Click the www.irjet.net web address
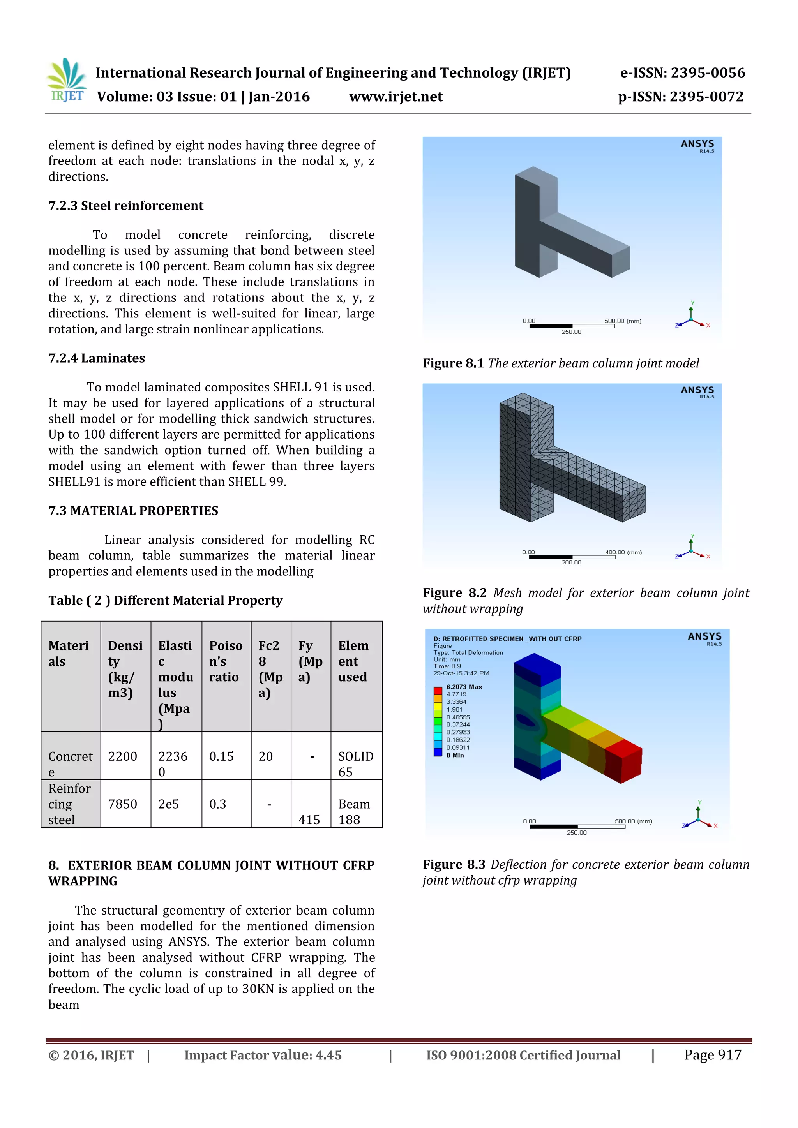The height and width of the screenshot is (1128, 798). tap(395, 97)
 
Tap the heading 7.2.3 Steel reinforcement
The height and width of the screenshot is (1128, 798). tap(125, 205)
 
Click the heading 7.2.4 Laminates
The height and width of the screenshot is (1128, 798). tap(96, 358)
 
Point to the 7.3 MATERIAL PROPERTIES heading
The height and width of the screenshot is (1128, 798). tap(133, 511)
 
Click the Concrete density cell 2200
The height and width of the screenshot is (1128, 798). tap(123, 756)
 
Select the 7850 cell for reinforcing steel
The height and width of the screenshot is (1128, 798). tap(123, 804)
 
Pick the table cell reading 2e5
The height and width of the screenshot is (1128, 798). tap(169, 804)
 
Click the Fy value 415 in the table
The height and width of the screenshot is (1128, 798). tap(309, 820)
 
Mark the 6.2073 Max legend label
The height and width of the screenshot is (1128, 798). tap(464, 687)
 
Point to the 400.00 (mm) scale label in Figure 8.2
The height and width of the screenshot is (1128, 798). tap(623, 552)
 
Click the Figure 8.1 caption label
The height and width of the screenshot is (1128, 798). tap(453, 363)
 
